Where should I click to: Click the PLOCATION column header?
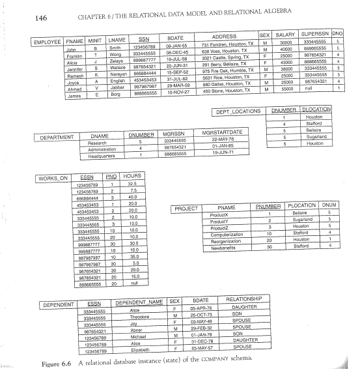301,205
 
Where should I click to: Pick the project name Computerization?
225,235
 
